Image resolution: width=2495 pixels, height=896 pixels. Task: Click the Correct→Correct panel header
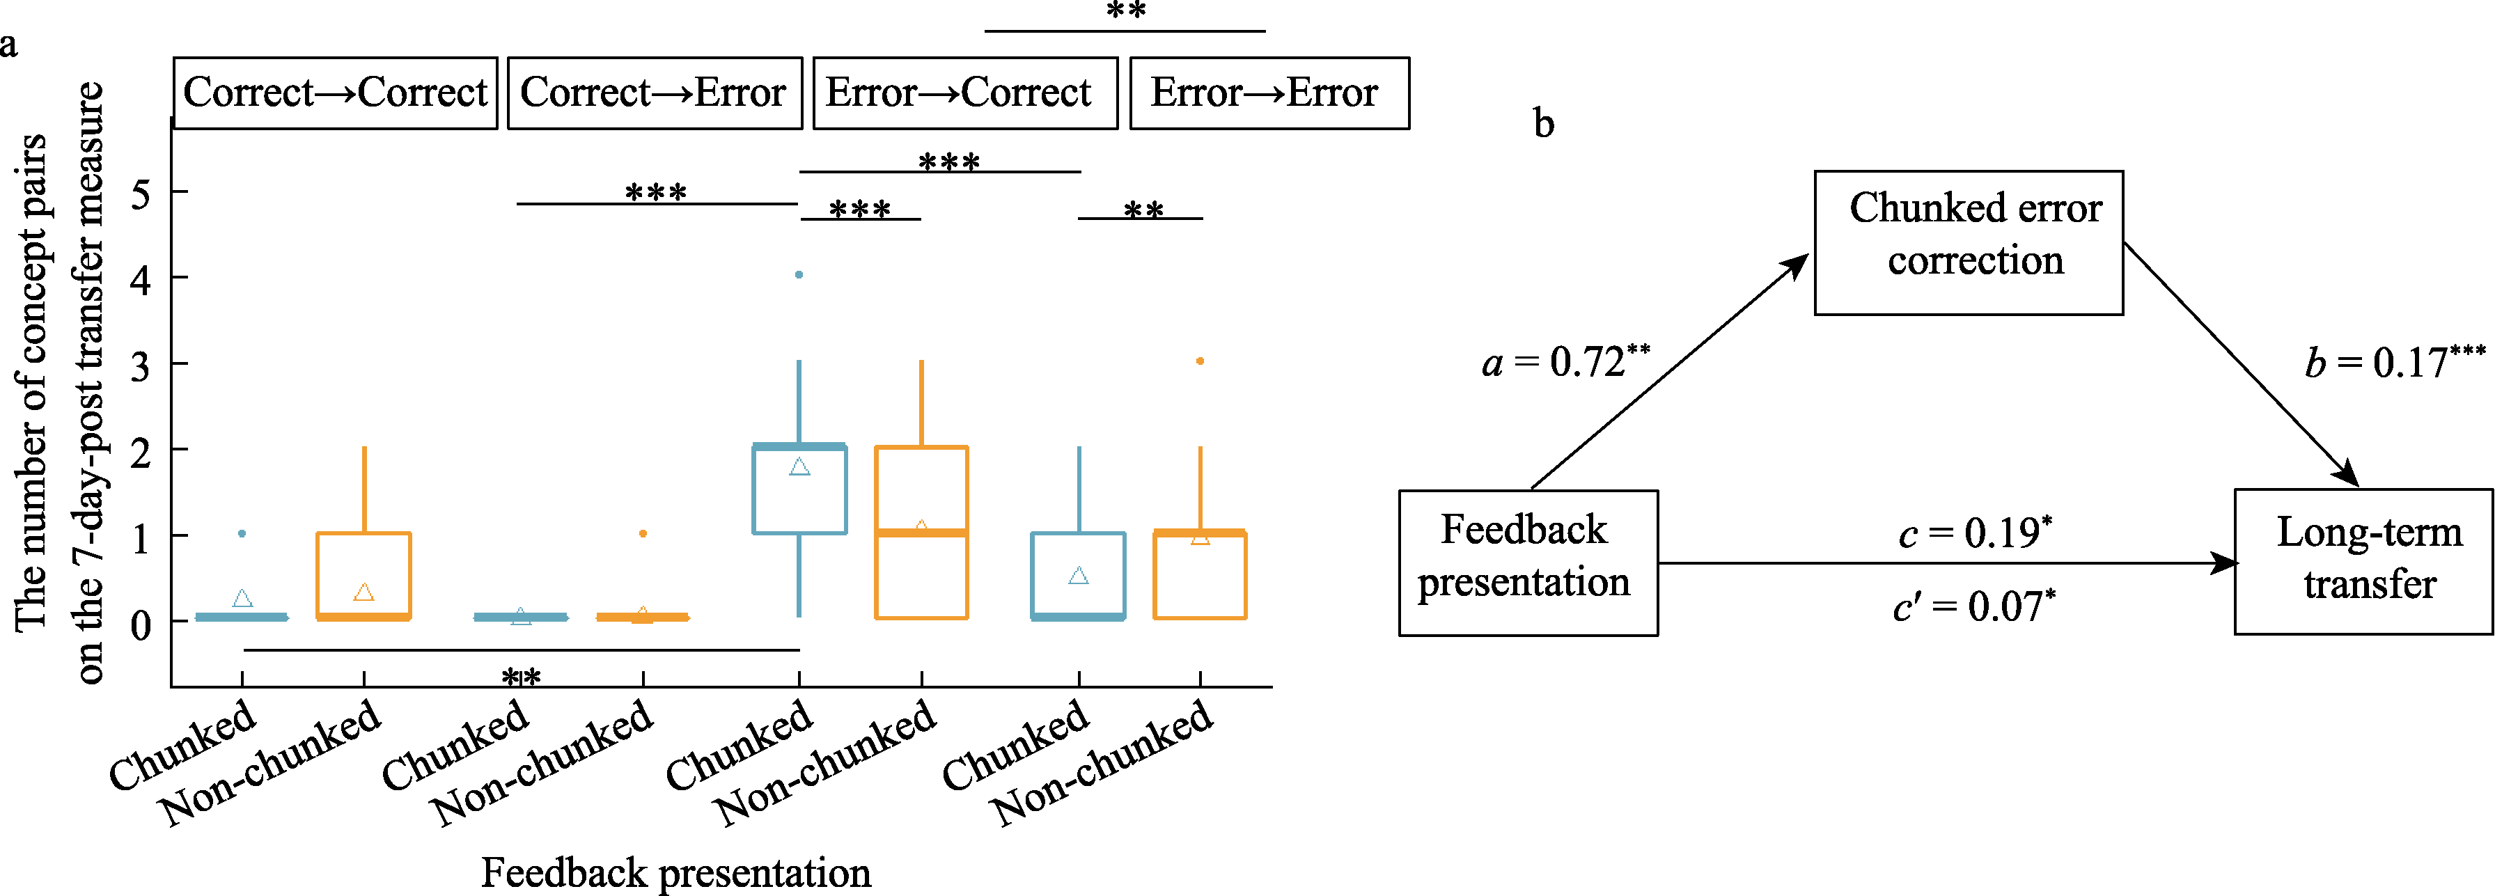click(x=335, y=93)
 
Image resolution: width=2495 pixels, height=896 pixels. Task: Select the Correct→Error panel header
click(x=654, y=93)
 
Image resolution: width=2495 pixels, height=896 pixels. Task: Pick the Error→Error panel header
click(x=1269, y=93)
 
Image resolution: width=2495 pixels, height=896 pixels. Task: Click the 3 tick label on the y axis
click(x=141, y=366)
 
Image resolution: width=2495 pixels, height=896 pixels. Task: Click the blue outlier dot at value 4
click(x=799, y=275)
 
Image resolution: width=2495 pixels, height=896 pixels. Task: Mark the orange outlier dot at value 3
click(x=1200, y=361)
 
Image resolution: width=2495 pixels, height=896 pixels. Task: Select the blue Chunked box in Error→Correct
click(x=800, y=489)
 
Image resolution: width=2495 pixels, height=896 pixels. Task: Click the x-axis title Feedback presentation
click(x=676, y=873)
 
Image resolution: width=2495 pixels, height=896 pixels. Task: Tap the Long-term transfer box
click(x=2363, y=561)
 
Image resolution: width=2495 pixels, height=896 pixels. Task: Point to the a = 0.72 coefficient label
click(x=1564, y=362)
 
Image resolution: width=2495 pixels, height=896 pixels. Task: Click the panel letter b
click(x=1544, y=124)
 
